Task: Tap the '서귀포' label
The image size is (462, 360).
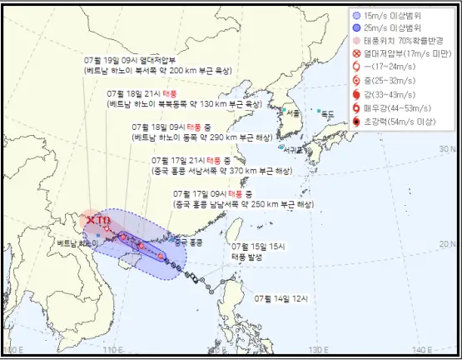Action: (x=292, y=150)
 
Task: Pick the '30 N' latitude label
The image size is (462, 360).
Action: (x=441, y=147)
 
